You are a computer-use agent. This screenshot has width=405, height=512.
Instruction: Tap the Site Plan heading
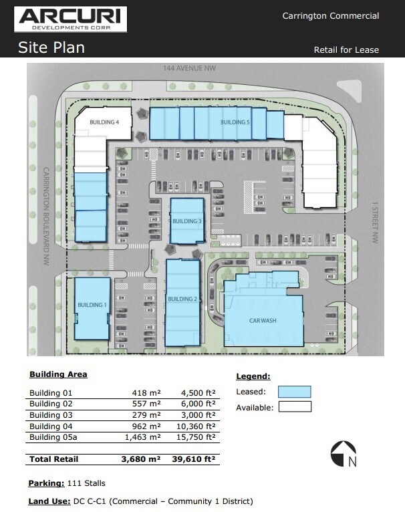coord(51,48)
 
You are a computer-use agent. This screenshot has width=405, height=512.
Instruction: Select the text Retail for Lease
coord(346,50)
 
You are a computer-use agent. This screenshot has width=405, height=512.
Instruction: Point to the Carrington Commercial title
coord(330,16)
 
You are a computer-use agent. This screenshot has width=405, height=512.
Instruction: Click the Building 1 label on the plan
coord(92,305)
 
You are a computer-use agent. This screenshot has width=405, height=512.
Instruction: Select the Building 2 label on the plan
coord(182,299)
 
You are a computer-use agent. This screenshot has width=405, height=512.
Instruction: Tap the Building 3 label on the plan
coord(186,221)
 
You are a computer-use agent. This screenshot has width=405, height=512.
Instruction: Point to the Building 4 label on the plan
coord(104,122)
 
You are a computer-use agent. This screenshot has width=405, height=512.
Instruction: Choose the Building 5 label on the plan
coord(235,122)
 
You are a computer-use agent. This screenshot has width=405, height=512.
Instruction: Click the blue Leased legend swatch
coord(294,392)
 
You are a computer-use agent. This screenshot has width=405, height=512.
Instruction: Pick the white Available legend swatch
coord(294,406)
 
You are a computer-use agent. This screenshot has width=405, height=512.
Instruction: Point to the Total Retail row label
coord(54,459)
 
